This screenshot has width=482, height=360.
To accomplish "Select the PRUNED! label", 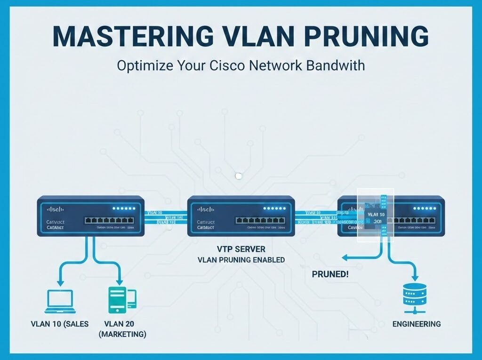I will point(330,274).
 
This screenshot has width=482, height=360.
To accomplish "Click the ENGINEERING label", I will point(417,324).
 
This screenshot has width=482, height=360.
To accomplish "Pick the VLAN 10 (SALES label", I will point(60,324).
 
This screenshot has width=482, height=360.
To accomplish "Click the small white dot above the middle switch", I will point(239,176).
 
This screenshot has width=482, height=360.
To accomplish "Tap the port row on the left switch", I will point(109,220).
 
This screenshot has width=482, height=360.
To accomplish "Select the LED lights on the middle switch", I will point(275,208).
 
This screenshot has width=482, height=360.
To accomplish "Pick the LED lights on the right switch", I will point(426,208).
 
